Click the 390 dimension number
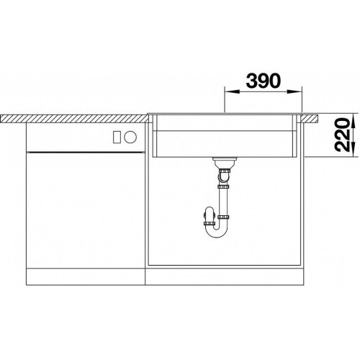point(263,81)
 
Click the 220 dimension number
point(343,135)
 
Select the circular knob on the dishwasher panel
point(130,138)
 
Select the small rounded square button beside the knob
point(117,138)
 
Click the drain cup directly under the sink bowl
point(225,163)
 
